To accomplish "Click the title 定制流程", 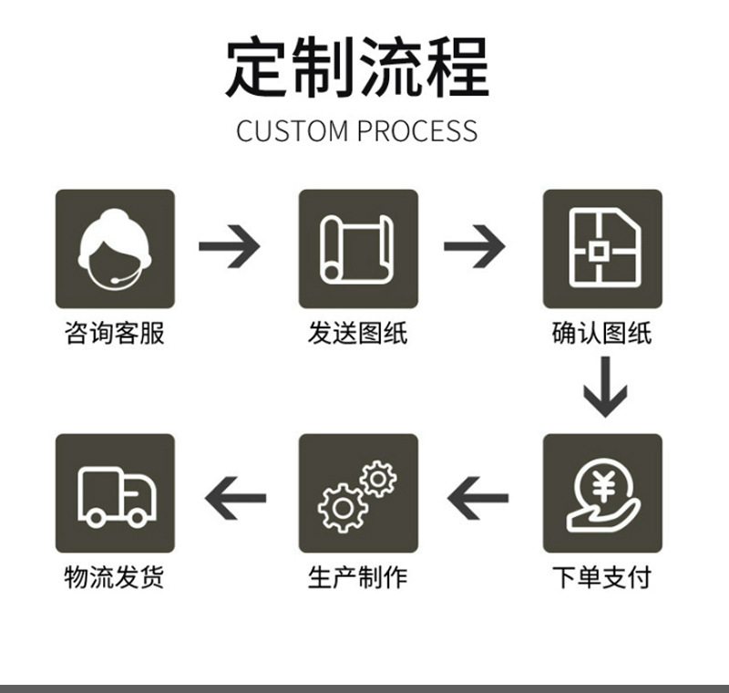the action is click(x=357, y=67).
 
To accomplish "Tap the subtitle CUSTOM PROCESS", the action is click(x=356, y=130).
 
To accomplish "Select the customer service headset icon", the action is click(x=115, y=248).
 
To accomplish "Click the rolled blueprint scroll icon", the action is click(x=358, y=248).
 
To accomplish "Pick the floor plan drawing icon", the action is click(x=602, y=248).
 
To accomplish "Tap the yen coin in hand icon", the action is click(x=602, y=493).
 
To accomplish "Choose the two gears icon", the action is click(x=358, y=493).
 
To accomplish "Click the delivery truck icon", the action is click(x=115, y=493).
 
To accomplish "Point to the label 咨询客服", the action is click(x=115, y=333).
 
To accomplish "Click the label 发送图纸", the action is click(x=358, y=333).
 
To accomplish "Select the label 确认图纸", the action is click(x=602, y=333).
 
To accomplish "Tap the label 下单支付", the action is click(x=602, y=577).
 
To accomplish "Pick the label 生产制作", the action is click(x=358, y=577).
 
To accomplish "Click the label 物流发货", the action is click(x=115, y=577).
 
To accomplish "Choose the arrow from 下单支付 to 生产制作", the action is click(x=477, y=498).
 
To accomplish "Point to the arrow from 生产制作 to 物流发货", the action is click(x=235, y=498).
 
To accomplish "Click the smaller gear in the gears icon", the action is click(x=377, y=477).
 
